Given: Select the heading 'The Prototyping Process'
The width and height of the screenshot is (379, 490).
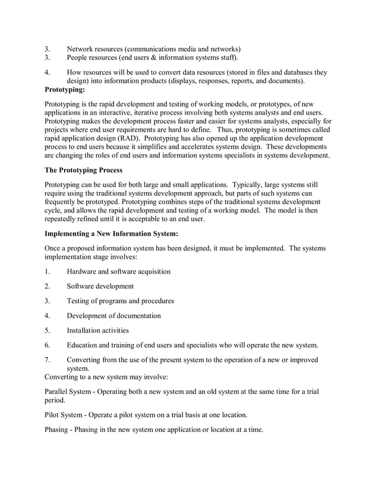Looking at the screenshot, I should point(84,170).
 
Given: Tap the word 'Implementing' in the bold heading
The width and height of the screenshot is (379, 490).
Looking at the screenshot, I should point(71,234).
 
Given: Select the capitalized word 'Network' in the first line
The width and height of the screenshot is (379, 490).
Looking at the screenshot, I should point(82,48).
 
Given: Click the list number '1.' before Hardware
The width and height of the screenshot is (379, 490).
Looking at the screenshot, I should point(48,272).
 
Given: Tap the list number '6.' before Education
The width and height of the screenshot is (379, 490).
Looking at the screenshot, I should point(48,345).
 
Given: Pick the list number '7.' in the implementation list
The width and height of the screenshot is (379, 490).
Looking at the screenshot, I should point(48,360).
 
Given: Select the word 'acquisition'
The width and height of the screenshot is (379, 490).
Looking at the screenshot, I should point(150,272).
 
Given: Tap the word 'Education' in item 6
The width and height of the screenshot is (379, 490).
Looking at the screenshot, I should point(85,345).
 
